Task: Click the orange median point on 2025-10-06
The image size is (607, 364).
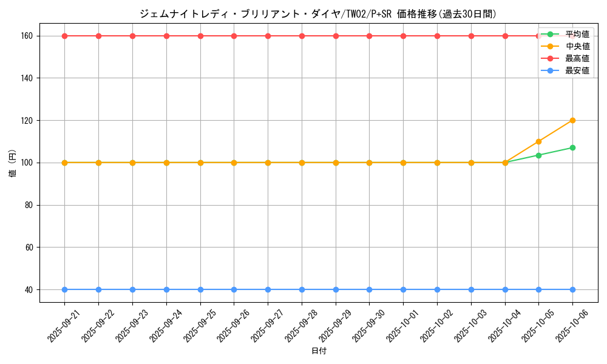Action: coord(572,120)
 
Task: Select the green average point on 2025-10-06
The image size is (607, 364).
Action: coord(572,147)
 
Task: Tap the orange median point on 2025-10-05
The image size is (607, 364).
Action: coord(538,141)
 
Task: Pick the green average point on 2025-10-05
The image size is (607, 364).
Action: coord(538,155)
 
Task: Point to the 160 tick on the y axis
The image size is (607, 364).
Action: coord(29,36)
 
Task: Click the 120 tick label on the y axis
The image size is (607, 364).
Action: coord(29,120)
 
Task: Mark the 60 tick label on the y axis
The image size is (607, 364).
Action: coord(30,248)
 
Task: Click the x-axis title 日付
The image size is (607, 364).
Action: coord(319,351)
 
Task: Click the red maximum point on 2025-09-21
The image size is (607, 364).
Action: coord(64,36)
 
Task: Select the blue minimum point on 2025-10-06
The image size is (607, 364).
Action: coord(572,289)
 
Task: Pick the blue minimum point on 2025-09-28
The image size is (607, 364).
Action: coord(302,289)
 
